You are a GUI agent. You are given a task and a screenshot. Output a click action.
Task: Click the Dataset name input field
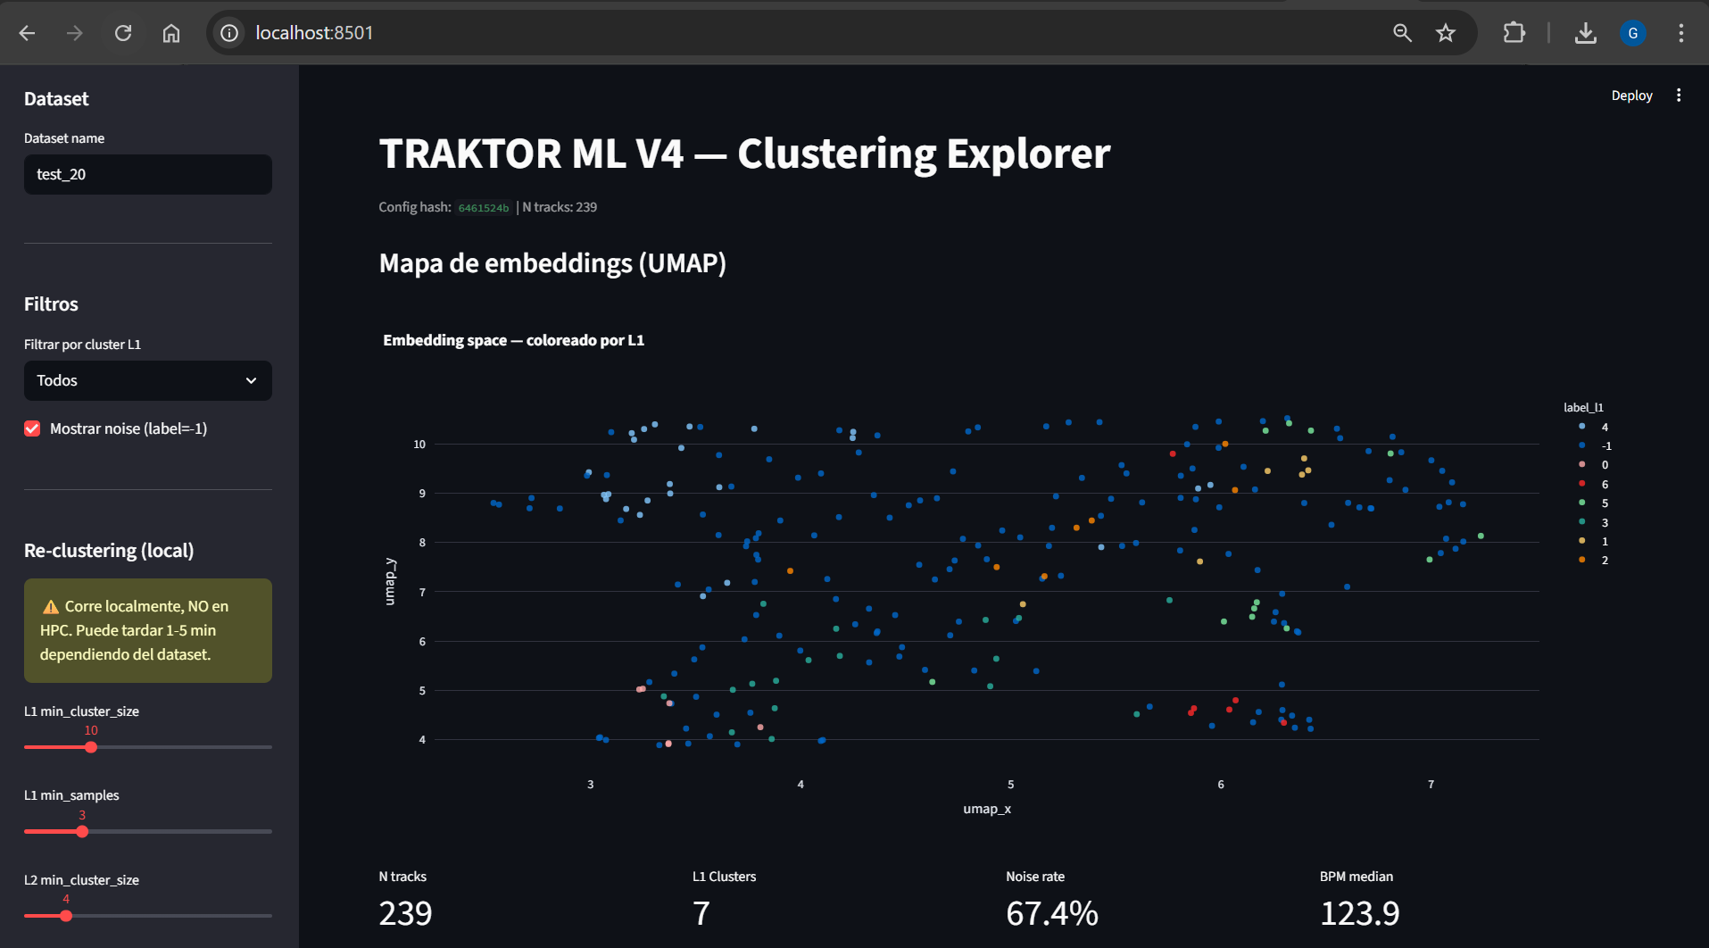[148, 174]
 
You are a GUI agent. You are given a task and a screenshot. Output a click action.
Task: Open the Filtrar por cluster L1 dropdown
[148, 380]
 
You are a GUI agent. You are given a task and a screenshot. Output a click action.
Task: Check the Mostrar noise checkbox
[32, 428]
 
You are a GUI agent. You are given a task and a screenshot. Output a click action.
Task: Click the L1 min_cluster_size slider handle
[91, 747]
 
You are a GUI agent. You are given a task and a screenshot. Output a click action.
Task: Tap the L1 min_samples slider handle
[82, 831]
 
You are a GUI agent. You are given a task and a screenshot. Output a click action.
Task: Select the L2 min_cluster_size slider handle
[66, 916]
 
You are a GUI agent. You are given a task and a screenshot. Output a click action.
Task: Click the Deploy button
[1631, 96]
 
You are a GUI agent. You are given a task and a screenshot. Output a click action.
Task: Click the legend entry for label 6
[1594, 484]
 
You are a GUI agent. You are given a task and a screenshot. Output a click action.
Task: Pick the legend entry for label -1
[1595, 445]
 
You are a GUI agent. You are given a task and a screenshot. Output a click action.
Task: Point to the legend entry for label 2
[1594, 560]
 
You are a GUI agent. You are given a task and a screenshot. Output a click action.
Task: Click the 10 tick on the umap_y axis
[419, 444]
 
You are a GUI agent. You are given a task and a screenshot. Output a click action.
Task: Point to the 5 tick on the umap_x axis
[1010, 784]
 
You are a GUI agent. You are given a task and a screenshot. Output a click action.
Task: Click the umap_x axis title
[987, 809]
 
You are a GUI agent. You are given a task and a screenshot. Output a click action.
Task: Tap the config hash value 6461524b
[484, 208]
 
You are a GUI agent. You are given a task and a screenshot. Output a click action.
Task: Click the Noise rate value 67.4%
[1052, 913]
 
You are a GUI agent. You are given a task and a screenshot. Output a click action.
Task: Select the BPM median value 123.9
[1359, 913]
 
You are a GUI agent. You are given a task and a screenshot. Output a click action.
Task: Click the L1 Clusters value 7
[701, 913]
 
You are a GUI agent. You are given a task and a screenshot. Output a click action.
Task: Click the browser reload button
[123, 33]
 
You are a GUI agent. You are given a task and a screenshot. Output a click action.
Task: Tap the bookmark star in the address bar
[1446, 33]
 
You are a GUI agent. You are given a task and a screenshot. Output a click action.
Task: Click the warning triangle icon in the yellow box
[51, 607]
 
